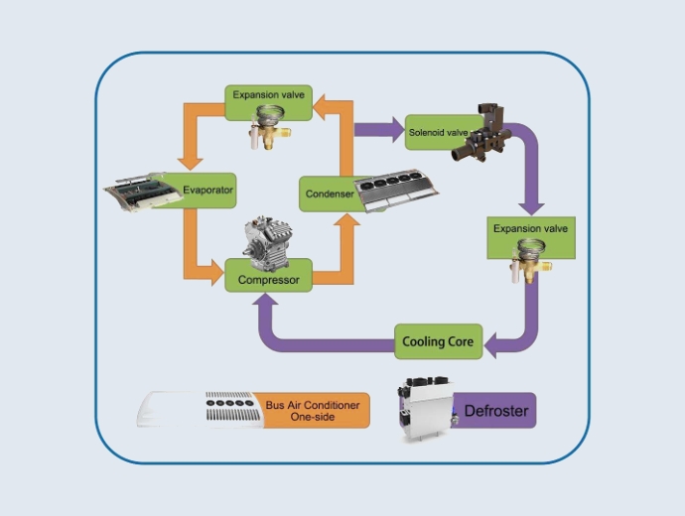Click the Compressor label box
[x=268, y=279]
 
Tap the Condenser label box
[x=329, y=193]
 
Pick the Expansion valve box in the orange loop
[x=268, y=97]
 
